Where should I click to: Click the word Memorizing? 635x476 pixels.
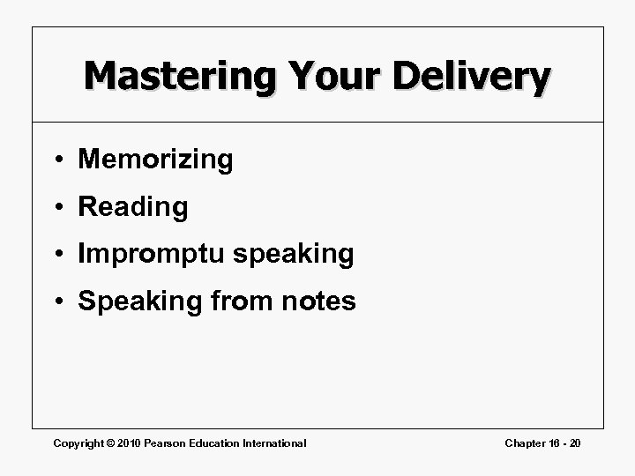coord(156,160)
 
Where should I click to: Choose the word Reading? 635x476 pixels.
coord(133,208)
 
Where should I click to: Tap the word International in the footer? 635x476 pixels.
coord(274,443)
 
